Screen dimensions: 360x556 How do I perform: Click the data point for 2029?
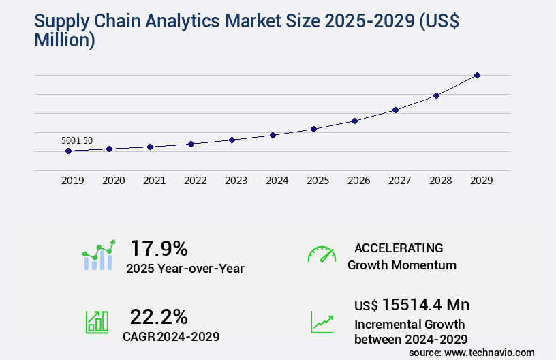(x=477, y=75)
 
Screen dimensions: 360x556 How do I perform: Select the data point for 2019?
(x=68, y=151)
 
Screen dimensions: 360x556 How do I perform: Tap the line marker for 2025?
(x=313, y=129)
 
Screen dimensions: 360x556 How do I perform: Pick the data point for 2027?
(x=395, y=110)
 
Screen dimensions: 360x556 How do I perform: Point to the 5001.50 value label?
(x=77, y=140)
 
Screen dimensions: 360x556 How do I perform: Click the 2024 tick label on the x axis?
(x=277, y=181)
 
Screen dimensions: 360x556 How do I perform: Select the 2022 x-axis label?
(x=195, y=181)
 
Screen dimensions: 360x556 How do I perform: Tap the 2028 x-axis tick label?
(x=440, y=181)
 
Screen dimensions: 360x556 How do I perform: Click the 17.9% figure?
(x=159, y=248)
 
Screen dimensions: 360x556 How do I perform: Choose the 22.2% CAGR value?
(x=159, y=316)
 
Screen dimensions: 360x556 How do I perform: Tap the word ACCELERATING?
(x=399, y=248)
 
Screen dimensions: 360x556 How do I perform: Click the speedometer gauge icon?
(x=322, y=254)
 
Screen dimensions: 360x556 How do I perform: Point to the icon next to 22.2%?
(x=97, y=321)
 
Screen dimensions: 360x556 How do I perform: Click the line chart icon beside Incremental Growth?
(x=322, y=321)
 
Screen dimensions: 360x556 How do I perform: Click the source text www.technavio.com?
(x=489, y=352)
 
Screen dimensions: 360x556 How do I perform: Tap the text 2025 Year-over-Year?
(x=185, y=268)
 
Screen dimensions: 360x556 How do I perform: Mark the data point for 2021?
(x=150, y=147)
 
